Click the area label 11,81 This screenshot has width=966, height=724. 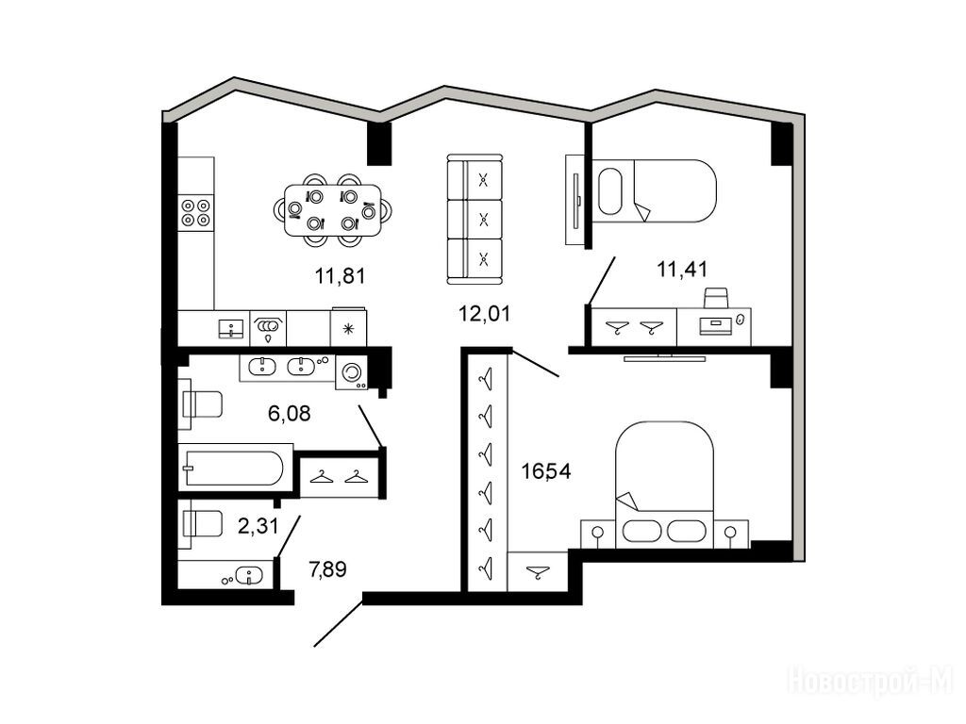pos(340,276)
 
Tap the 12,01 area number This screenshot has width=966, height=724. pos(484,314)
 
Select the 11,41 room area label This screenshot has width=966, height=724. pos(682,269)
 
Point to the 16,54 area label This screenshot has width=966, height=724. pos(546,471)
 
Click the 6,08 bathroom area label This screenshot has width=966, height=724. pos(289,413)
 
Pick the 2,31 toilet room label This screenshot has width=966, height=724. pos(258,526)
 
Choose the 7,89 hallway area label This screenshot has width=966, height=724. pos(327,569)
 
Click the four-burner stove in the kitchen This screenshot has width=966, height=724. pos(196,212)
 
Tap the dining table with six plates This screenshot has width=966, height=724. pos(333,210)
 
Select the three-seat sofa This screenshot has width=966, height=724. pos(474,219)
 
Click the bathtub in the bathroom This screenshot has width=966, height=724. pos(235,468)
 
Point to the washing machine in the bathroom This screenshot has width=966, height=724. pos(352,372)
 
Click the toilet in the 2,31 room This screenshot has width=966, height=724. pos(200,524)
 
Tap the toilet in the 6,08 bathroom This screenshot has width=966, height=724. pos(200,403)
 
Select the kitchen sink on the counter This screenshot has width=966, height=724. pos(231,329)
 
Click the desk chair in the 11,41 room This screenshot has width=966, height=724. pos(716,297)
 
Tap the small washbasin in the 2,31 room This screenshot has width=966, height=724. pos(249,576)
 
